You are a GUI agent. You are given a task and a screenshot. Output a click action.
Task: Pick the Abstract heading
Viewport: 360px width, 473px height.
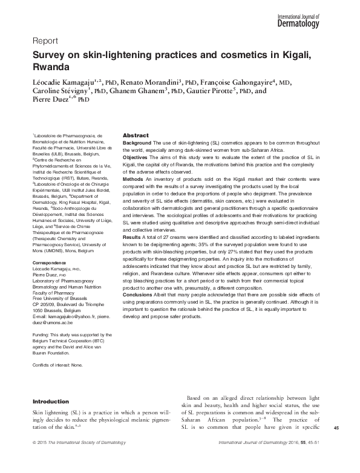[x=136, y=135]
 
